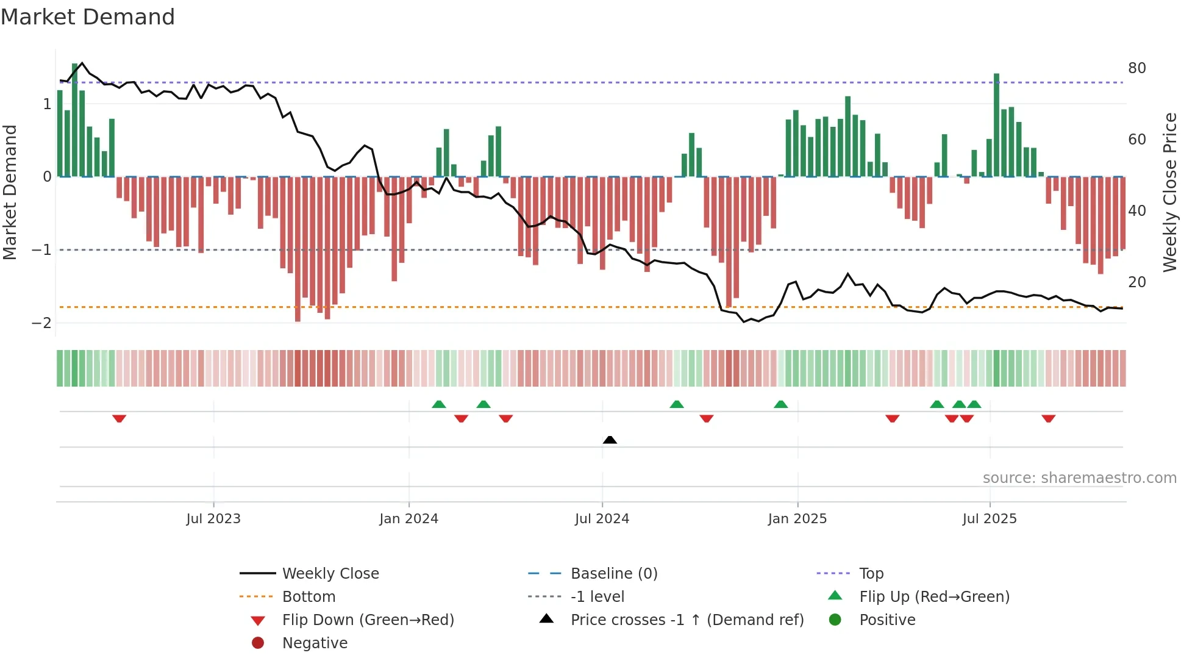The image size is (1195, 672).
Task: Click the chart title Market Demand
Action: click(x=88, y=17)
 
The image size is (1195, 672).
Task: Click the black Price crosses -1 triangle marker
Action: click(x=610, y=440)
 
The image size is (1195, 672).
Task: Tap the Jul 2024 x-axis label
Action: click(x=602, y=519)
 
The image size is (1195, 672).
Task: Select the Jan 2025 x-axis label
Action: click(x=797, y=519)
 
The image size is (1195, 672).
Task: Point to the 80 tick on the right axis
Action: click(x=1136, y=68)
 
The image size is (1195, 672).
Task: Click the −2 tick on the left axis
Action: click(x=41, y=323)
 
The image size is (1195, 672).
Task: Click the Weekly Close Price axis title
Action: click(x=1169, y=192)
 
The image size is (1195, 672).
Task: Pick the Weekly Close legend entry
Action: click(x=330, y=574)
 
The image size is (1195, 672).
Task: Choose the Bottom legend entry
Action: click(x=309, y=597)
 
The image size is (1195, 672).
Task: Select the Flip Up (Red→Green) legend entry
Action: click(x=933, y=597)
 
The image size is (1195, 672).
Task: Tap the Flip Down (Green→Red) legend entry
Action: click(x=368, y=620)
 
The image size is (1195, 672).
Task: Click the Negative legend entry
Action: click(x=315, y=643)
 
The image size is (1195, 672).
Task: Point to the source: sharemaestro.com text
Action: click(x=1079, y=478)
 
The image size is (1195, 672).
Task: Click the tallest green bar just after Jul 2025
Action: click(x=996, y=125)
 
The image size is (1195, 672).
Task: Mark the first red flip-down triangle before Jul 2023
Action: click(x=120, y=418)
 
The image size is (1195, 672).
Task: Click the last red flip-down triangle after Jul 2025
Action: click(x=1048, y=418)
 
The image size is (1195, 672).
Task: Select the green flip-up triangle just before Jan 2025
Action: click(x=780, y=404)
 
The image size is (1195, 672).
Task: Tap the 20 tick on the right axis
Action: click(x=1136, y=282)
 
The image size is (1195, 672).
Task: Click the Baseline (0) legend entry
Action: click(x=613, y=574)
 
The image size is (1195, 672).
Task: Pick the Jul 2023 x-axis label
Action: click(x=213, y=519)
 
